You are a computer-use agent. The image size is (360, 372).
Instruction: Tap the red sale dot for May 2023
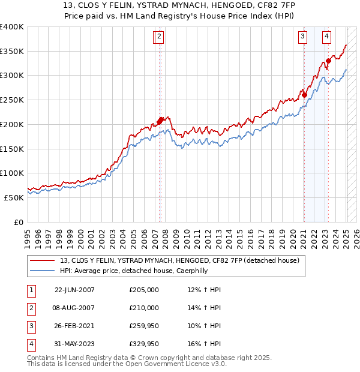point(329,60)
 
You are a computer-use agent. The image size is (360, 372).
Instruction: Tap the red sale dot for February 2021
point(305,94)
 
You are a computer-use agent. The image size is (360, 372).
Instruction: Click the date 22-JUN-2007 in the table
point(74,290)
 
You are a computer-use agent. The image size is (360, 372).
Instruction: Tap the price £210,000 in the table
point(144,308)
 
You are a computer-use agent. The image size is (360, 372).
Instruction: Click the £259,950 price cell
point(144,326)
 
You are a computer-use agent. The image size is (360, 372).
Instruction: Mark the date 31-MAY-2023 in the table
point(74,344)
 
